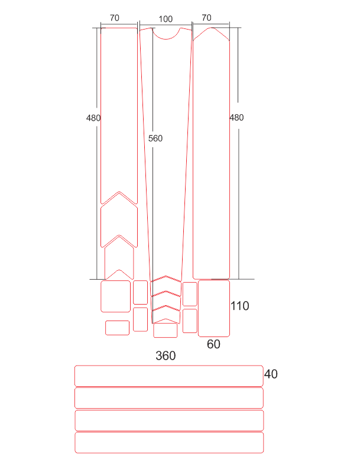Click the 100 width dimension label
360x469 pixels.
click(x=166, y=19)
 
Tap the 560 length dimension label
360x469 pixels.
click(x=155, y=138)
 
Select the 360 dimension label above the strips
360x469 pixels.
click(x=166, y=355)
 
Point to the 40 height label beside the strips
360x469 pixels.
click(x=271, y=374)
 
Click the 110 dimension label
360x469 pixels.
click(x=240, y=306)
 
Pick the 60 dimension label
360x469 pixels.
click(x=213, y=344)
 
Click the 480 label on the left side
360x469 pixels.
click(x=93, y=118)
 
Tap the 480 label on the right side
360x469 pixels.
click(x=236, y=118)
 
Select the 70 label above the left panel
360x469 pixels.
click(x=115, y=18)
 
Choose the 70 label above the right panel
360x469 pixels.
click(x=207, y=18)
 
